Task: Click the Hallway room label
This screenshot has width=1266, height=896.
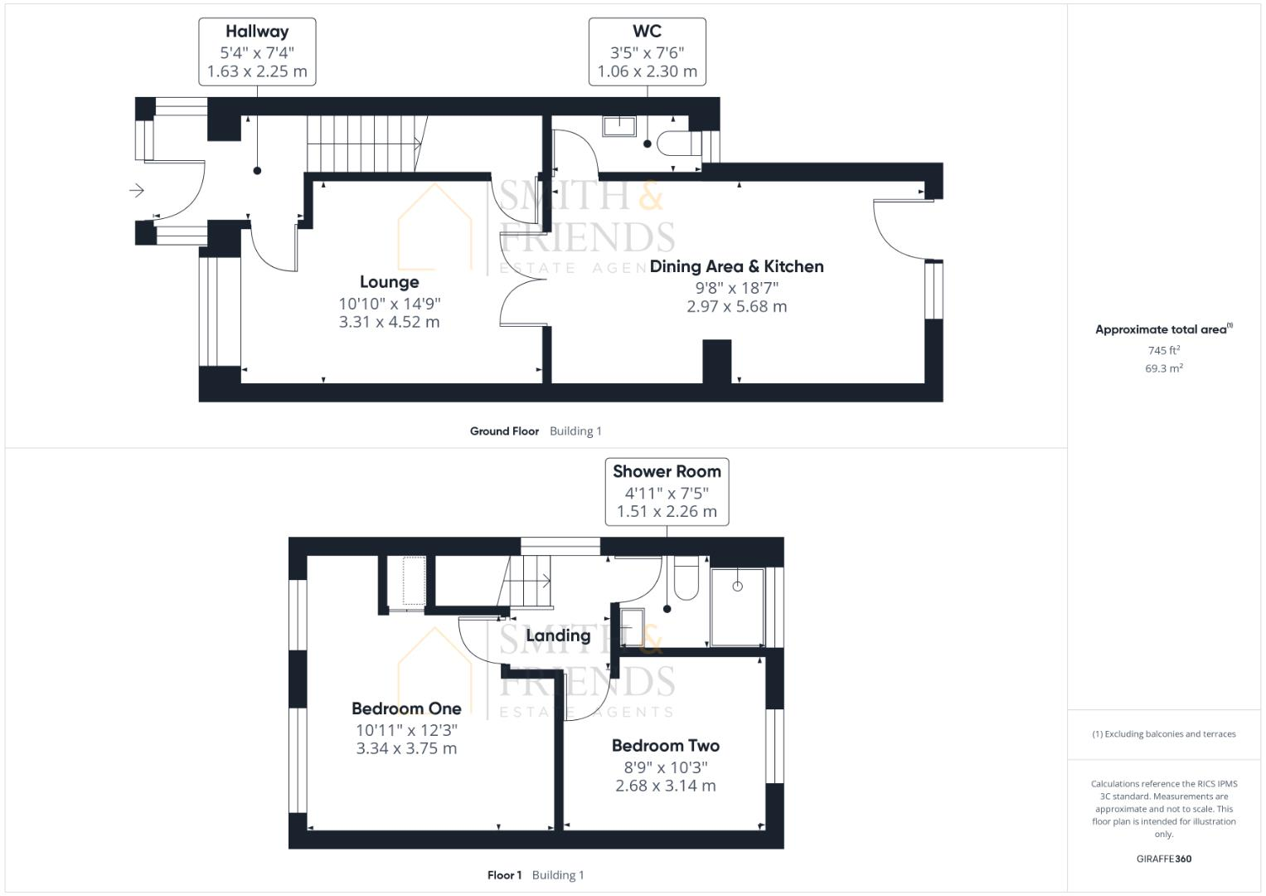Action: [x=257, y=32]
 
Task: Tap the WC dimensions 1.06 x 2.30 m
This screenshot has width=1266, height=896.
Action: [x=647, y=71]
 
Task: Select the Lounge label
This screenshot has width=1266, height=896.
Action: [x=389, y=282]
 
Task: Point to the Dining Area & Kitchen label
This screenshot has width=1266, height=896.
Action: [x=736, y=266]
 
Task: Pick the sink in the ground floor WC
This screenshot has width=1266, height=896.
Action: [x=618, y=125]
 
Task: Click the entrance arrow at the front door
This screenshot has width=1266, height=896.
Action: [x=137, y=191]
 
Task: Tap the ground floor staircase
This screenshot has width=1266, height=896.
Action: [x=365, y=143]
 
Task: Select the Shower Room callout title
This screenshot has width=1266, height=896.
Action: [x=667, y=471]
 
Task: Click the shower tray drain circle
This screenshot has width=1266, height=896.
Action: [x=737, y=587]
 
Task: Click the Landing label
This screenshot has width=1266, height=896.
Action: [x=558, y=635]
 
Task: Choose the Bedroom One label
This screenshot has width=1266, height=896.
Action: [x=406, y=709]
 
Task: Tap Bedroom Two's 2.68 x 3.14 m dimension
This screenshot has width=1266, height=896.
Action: [x=665, y=786]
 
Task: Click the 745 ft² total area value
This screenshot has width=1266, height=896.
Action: [x=1163, y=350]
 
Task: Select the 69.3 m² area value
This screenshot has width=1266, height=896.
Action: [x=1163, y=368]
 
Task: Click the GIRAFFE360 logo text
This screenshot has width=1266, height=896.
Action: [x=1163, y=859]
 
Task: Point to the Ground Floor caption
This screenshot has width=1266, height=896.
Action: [x=504, y=431]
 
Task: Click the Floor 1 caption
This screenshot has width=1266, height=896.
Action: [x=504, y=875]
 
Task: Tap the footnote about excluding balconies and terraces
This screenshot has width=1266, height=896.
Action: [x=1163, y=734]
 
